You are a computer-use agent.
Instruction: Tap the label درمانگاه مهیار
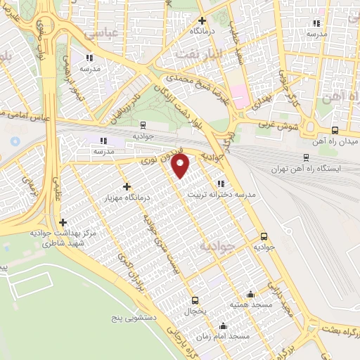pos(127,199)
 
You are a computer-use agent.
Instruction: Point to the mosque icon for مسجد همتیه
pos(250,294)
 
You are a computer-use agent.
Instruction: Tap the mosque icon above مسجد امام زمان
pos(224,325)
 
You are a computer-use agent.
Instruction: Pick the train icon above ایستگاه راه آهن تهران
pos(305,157)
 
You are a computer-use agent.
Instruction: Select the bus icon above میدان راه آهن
pos(334,130)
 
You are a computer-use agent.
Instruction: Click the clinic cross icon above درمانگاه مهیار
pos(127,186)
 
